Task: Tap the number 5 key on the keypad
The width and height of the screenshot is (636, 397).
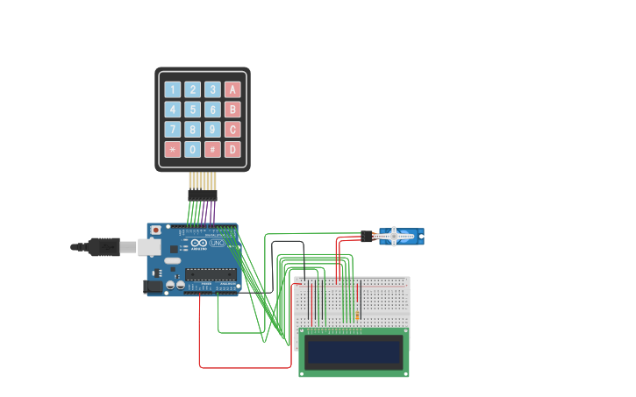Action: pyautogui.click(x=192, y=110)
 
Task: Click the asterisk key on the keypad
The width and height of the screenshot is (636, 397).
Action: pyautogui.click(x=172, y=149)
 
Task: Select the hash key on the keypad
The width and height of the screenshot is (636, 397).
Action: pyautogui.click(x=212, y=149)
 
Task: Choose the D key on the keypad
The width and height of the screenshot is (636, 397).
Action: pyautogui.click(x=232, y=149)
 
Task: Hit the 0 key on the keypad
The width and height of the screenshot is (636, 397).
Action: pyautogui.click(x=192, y=149)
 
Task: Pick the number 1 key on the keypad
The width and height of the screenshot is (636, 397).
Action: pyautogui.click(x=172, y=89)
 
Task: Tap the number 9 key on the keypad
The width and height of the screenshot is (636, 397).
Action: pyautogui.click(x=212, y=130)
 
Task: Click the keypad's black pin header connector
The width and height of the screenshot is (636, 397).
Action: pyautogui.click(x=202, y=195)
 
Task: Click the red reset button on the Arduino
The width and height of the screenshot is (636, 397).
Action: pyautogui.click(x=156, y=230)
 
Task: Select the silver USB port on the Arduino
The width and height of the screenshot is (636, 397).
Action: pyautogui.click(x=149, y=247)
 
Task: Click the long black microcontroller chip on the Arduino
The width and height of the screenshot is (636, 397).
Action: pyautogui.click(x=211, y=273)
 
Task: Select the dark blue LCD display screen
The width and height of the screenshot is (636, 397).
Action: pyautogui.click(x=354, y=351)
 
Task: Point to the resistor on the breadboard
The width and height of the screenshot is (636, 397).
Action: pyautogui.click(x=357, y=311)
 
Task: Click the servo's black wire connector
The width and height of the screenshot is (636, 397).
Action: pyautogui.click(x=367, y=236)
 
